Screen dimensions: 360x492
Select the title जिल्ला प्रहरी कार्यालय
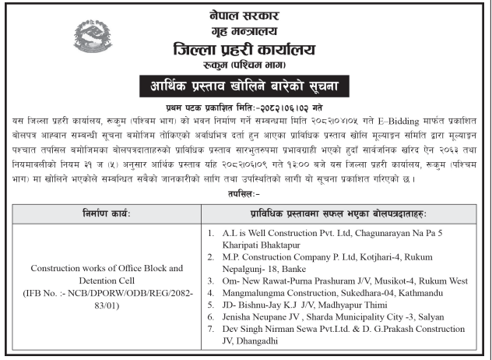[x=245, y=49]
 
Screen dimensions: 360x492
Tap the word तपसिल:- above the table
[x=246, y=192]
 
